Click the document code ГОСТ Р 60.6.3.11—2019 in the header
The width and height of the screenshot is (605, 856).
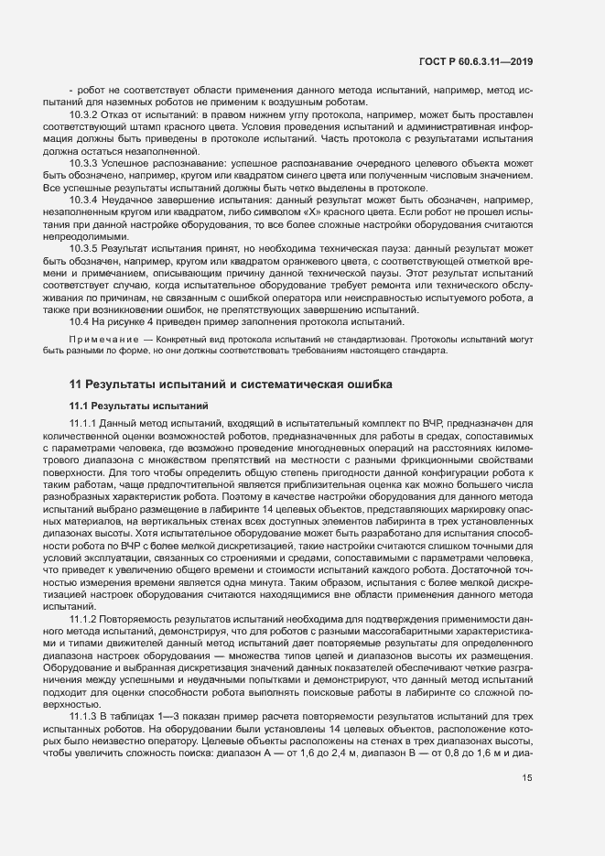(x=477, y=61)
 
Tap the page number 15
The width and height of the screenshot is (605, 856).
(x=527, y=805)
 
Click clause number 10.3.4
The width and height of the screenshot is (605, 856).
(x=86, y=200)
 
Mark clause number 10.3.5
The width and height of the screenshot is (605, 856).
(x=86, y=248)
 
